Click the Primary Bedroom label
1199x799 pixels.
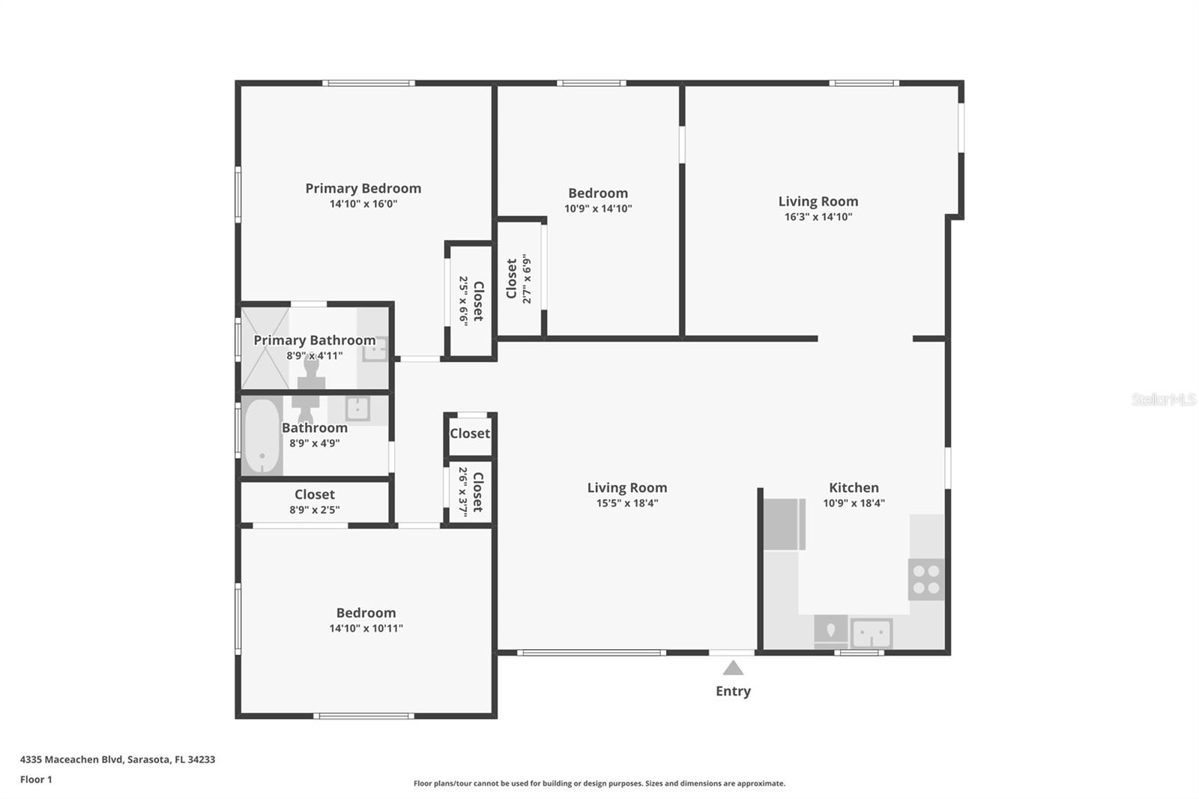[363, 188]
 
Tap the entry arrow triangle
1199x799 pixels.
[733, 668]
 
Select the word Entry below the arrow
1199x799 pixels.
[733, 691]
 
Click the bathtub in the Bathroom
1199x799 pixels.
[262, 437]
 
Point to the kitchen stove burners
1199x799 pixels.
[926, 579]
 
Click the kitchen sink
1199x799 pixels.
[871, 633]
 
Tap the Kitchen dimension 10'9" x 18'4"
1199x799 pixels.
[854, 504]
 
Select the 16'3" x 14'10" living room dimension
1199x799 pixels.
[818, 217]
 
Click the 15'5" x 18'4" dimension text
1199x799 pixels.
[626, 504]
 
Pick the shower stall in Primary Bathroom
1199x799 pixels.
[264, 347]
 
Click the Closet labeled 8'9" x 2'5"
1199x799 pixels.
[314, 495]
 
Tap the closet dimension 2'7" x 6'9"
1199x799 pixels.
[527, 280]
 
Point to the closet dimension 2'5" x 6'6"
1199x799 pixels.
[464, 301]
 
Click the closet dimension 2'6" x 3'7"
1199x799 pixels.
[463, 492]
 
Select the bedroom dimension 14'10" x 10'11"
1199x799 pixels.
[366, 629]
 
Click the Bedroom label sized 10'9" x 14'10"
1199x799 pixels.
[597, 193]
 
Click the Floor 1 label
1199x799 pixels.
[36, 780]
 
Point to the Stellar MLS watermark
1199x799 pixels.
[1163, 399]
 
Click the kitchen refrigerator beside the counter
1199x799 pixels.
[784, 525]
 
